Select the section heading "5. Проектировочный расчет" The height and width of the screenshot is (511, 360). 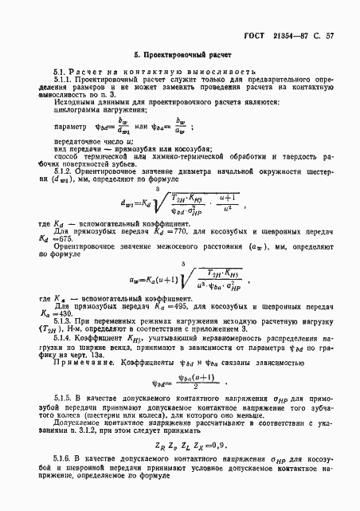[182, 58]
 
